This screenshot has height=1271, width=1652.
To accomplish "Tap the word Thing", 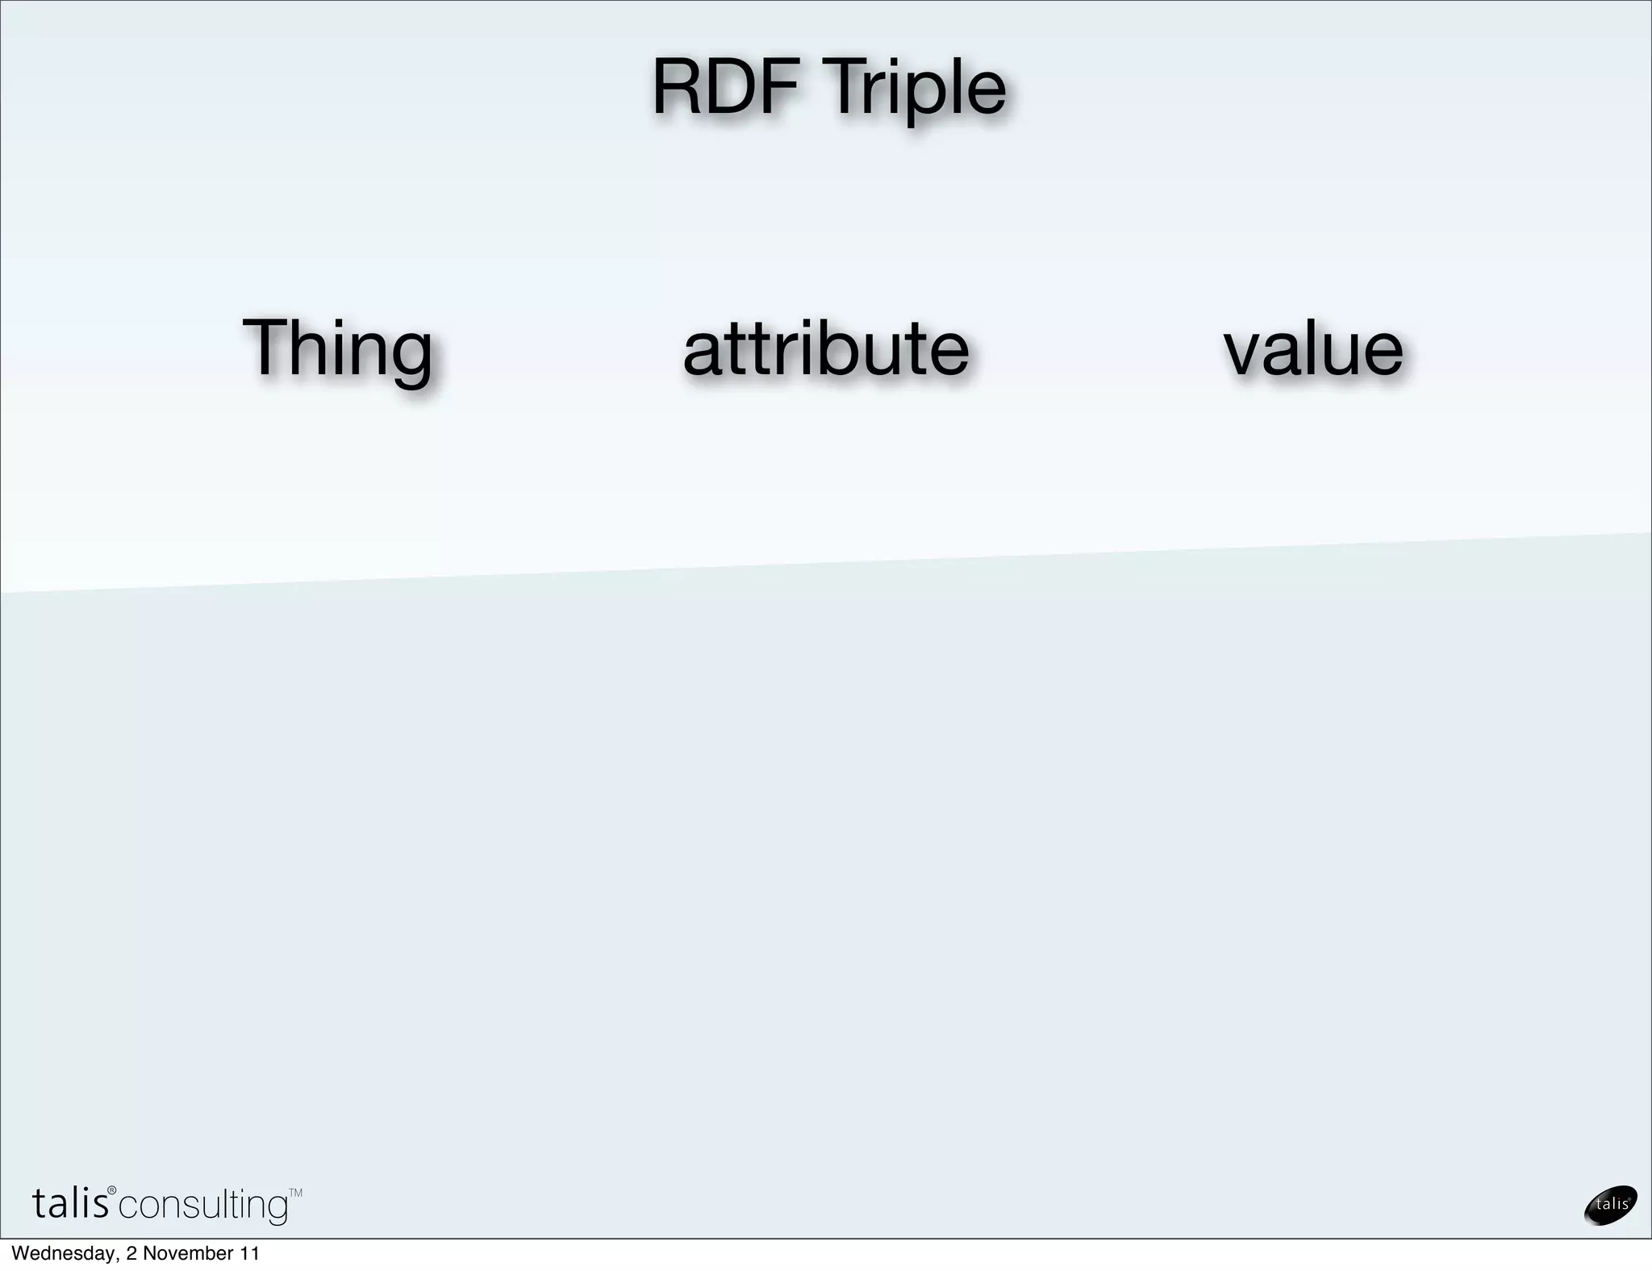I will coord(337,348).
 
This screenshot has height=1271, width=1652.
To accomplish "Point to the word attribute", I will coord(825,348).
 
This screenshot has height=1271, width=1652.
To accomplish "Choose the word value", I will coord(1313,348).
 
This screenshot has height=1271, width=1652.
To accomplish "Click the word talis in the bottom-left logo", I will coord(70,1204).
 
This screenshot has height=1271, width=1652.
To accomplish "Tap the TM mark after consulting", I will coord(295,1192).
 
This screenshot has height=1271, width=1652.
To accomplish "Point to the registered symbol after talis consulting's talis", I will coord(112,1191).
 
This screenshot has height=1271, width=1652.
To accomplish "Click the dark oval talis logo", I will coord(1610,1204).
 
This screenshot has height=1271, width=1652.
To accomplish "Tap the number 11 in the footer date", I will coord(248,1253).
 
